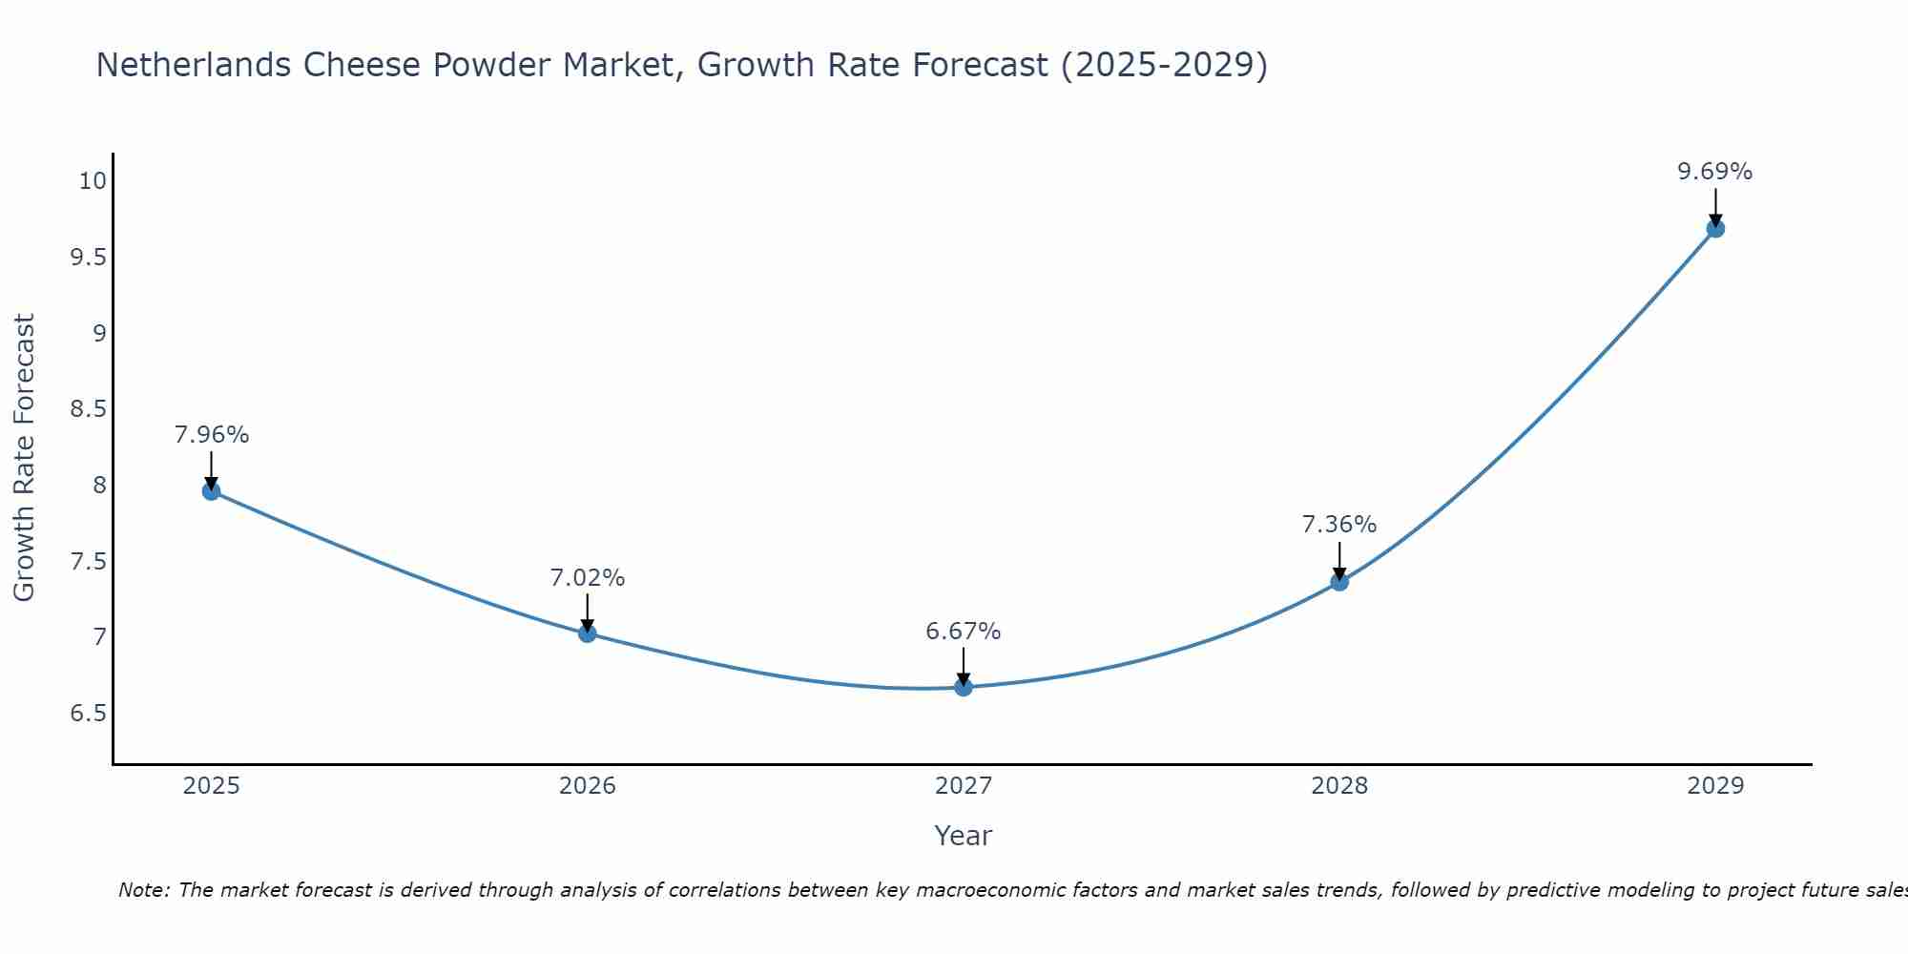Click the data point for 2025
tap(211, 491)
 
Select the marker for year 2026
tap(587, 633)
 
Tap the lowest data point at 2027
tap(964, 687)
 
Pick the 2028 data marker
tap(1339, 582)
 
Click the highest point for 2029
tap(1715, 228)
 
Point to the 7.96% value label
tap(211, 435)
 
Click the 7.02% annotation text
tap(587, 578)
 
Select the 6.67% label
tap(964, 632)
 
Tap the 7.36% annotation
tap(1339, 525)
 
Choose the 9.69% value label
tap(1715, 172)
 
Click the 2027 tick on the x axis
tap(964, 786)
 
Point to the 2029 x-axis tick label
tap(1715, 786)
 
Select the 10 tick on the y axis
tap(93, 181)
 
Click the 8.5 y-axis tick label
tap(89, 409)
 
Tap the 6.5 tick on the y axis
tap(89, 714)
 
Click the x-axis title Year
tap(964, 836)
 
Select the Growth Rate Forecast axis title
tap(24, 458)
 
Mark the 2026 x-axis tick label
tap(587, 786)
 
